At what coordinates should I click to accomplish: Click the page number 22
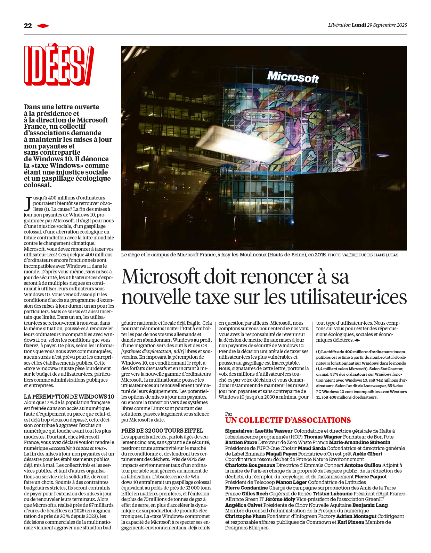[x=28, y=26]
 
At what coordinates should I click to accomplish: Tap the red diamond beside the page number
[x=43, y=26]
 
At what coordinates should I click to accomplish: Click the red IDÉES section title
[x=58, y=65]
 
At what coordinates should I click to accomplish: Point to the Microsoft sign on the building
[x=293, y=77]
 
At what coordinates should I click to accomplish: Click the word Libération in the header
[x=339, y=25]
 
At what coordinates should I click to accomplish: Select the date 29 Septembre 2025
[x=387, y=25]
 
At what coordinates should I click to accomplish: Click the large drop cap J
[x=28, y=204]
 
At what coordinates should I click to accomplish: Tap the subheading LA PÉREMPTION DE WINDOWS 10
[x=69, y=397]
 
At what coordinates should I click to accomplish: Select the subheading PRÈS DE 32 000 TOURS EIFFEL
[x=162, y=431]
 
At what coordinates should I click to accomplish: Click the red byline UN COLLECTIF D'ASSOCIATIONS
[x=288, y=420]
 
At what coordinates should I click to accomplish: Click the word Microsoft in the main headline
[x=160, y=277]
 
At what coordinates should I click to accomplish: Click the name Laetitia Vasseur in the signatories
[x=274, y=431]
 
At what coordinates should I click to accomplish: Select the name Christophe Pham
[x=245, y=516]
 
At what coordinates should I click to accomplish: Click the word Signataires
[x=239, y=431]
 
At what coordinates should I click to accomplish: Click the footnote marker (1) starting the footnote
[x=318, y=352]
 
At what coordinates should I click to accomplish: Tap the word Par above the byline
[x=229, y=414]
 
